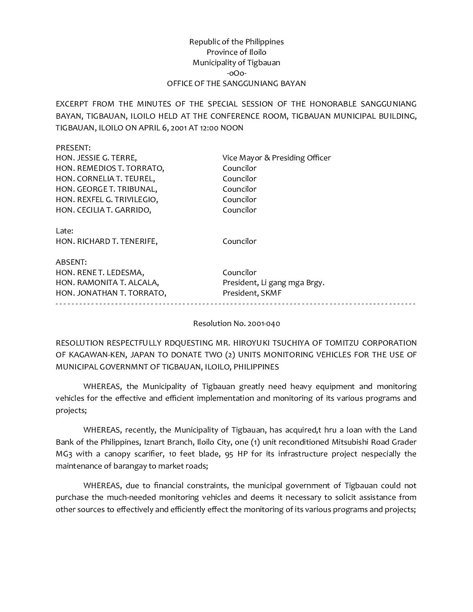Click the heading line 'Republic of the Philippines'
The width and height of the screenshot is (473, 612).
pyautogui.click(x=236, y=42)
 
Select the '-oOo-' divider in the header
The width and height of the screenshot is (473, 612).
pyautogui.click(x=236, y=73)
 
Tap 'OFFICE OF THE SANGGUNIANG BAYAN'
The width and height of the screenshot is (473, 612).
pyautogui.click(x=236, y=83)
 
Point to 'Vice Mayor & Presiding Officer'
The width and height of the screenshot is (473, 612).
pyautogui.click(x=276, y=158)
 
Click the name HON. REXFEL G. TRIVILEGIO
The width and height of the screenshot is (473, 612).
pyautogui.click(x=107, y=200)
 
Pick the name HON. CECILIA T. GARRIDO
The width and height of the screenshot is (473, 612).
pyautogui.click(x=104, y=210)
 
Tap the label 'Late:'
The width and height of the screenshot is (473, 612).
pyautogui.click(x=64, y=231)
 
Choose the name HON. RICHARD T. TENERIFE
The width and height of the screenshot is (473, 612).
pyautogui.click(x=107, y=241)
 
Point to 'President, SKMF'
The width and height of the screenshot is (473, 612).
pyautogui.click(x=252, y=293)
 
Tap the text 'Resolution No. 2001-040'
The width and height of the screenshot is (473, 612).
pyautogui.click(x=236, y=323)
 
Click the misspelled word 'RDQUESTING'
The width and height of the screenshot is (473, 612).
pyautogui.click(x=188, y=343)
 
